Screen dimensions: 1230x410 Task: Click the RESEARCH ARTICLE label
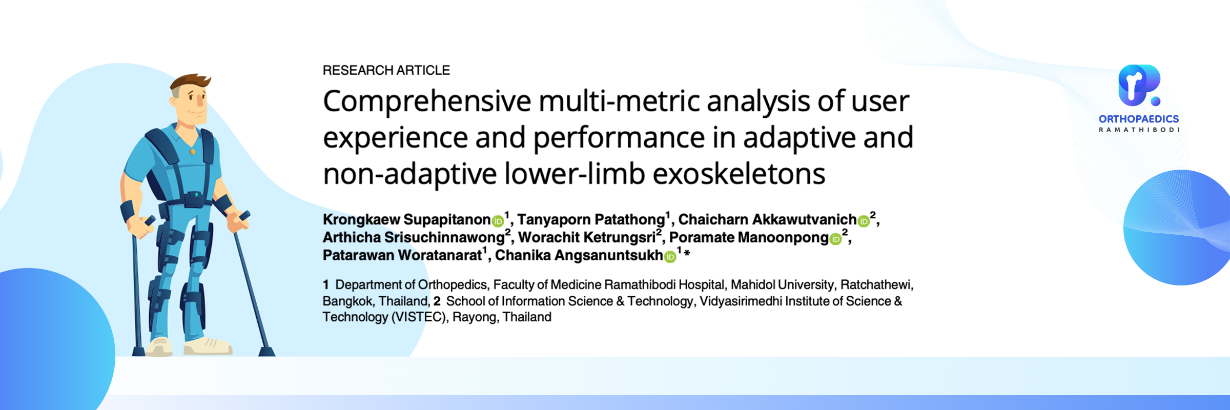pos(386,70)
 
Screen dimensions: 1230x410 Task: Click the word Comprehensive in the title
pos(427,102)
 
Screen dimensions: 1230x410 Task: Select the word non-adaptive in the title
pos(410,174)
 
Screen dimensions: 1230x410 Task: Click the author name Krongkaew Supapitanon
pos(406,220)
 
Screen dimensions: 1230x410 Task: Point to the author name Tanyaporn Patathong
pos(591,220)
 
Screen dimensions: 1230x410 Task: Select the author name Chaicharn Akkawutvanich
pos(767,220)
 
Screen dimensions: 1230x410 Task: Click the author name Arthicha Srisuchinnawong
pos(414,238)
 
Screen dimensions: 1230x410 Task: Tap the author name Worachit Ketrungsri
pos(587,238)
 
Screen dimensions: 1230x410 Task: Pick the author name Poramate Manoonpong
pos(749,238)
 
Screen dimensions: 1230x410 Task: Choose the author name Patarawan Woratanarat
pos(402,255)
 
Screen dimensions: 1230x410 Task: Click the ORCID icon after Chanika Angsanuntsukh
pos(670,257)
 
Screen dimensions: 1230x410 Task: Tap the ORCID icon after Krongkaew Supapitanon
pos(498,221)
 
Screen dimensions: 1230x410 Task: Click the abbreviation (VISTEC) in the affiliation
pos(419,317)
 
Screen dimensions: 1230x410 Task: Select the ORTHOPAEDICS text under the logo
pos(1139,119)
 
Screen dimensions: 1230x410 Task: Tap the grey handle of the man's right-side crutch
pos(244,216)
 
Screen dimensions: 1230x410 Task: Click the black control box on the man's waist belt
pos(195,197)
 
